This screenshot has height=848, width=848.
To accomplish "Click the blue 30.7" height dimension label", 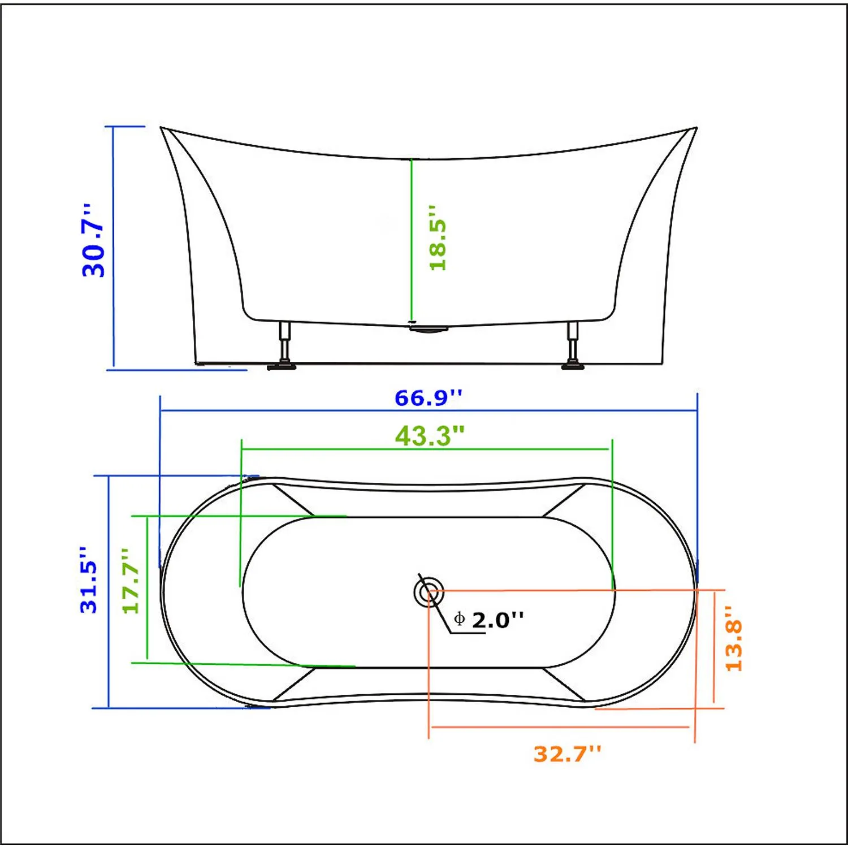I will pyautogui.click(x=94, y=241).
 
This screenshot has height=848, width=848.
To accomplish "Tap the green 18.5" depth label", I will pyautogui.click(x=438, y=238).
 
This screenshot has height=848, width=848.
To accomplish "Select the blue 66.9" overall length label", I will pyautogui.click(x=428, y=398).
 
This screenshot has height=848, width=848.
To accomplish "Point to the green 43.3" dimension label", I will pyautogui.click(x=429, y=436).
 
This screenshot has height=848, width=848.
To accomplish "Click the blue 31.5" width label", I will pyautogui.click(x=89, y=579).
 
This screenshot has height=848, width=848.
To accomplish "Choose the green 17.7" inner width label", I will pyautogui.click(x=131, y=581).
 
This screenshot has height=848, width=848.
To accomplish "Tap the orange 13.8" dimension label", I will pyautogui.click(x=733, y=639).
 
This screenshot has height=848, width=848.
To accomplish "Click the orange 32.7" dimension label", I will pyautogui.click(x=567, y=754).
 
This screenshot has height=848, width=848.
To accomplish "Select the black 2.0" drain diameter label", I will pyautogui.click(x=497, y=621).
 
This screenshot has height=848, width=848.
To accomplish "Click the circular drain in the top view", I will pyautogui.click(x=429, y=592).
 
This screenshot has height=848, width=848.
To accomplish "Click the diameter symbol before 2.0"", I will pyautogui.click(x=459, y=619).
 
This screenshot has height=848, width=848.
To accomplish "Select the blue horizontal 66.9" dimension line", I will pyautogui.click(x=428, y=411).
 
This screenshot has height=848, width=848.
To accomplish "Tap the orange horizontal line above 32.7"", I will pyautogui.click(x=560, y=727).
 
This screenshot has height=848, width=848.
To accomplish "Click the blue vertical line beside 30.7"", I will pyautogui.click(x=114, y=249).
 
